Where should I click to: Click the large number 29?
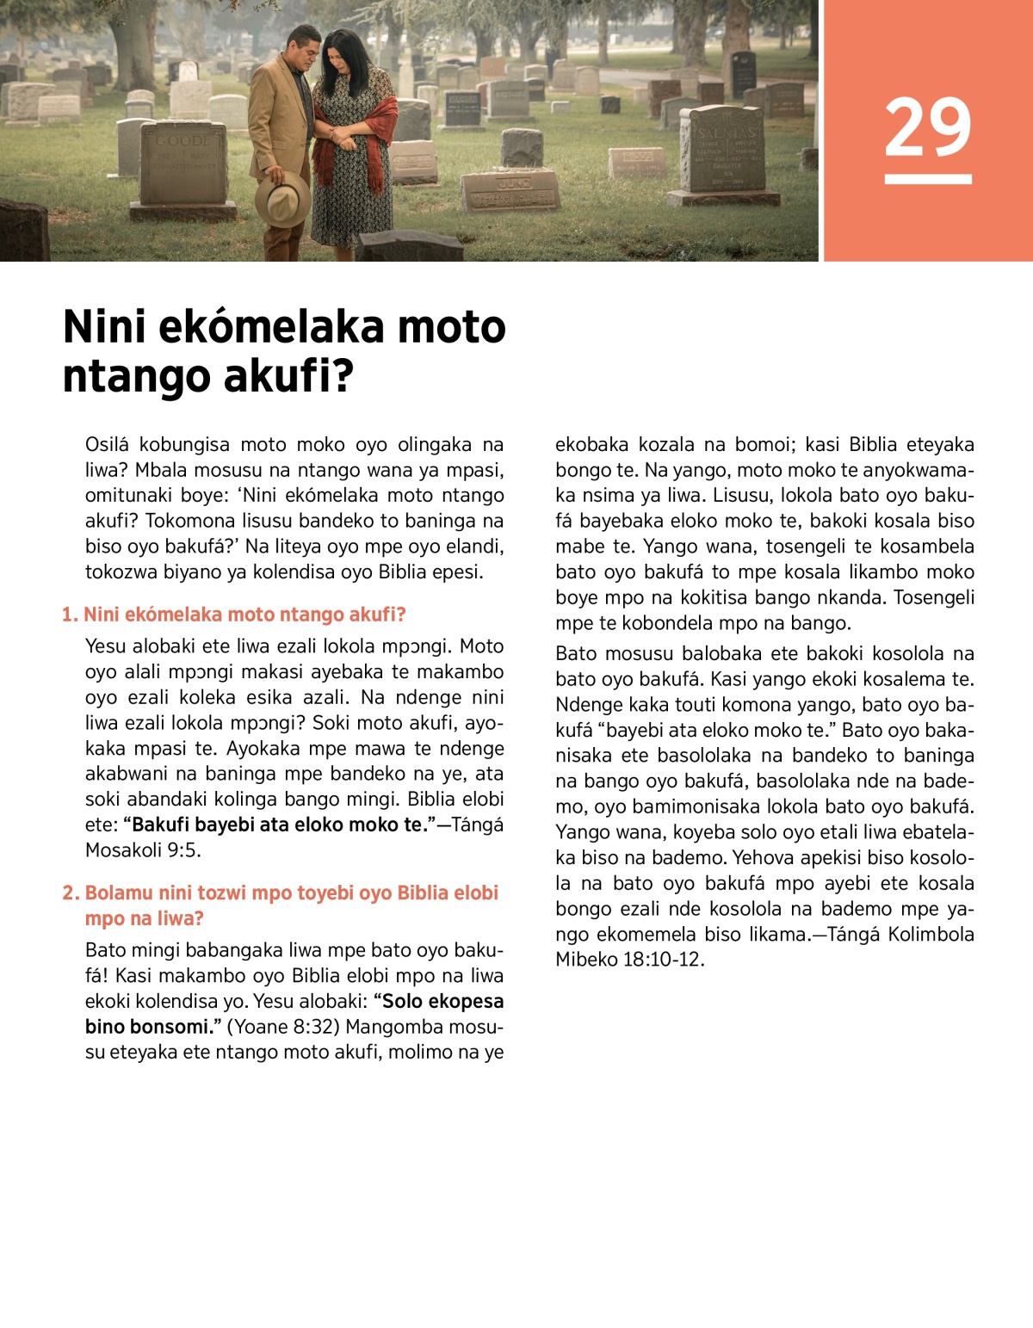click(x=927, y=127)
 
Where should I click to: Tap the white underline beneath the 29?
click(x=927, y=179)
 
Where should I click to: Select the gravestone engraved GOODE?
click(x=182, y=164)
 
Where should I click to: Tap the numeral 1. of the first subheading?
click(x=70, y=615)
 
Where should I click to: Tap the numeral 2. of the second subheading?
click(x=71, y=893)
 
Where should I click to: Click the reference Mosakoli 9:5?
click(x=142, y=850)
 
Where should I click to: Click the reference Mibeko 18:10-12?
click(x=629, y=960)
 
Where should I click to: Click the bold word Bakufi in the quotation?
click(x=160, y=825)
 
